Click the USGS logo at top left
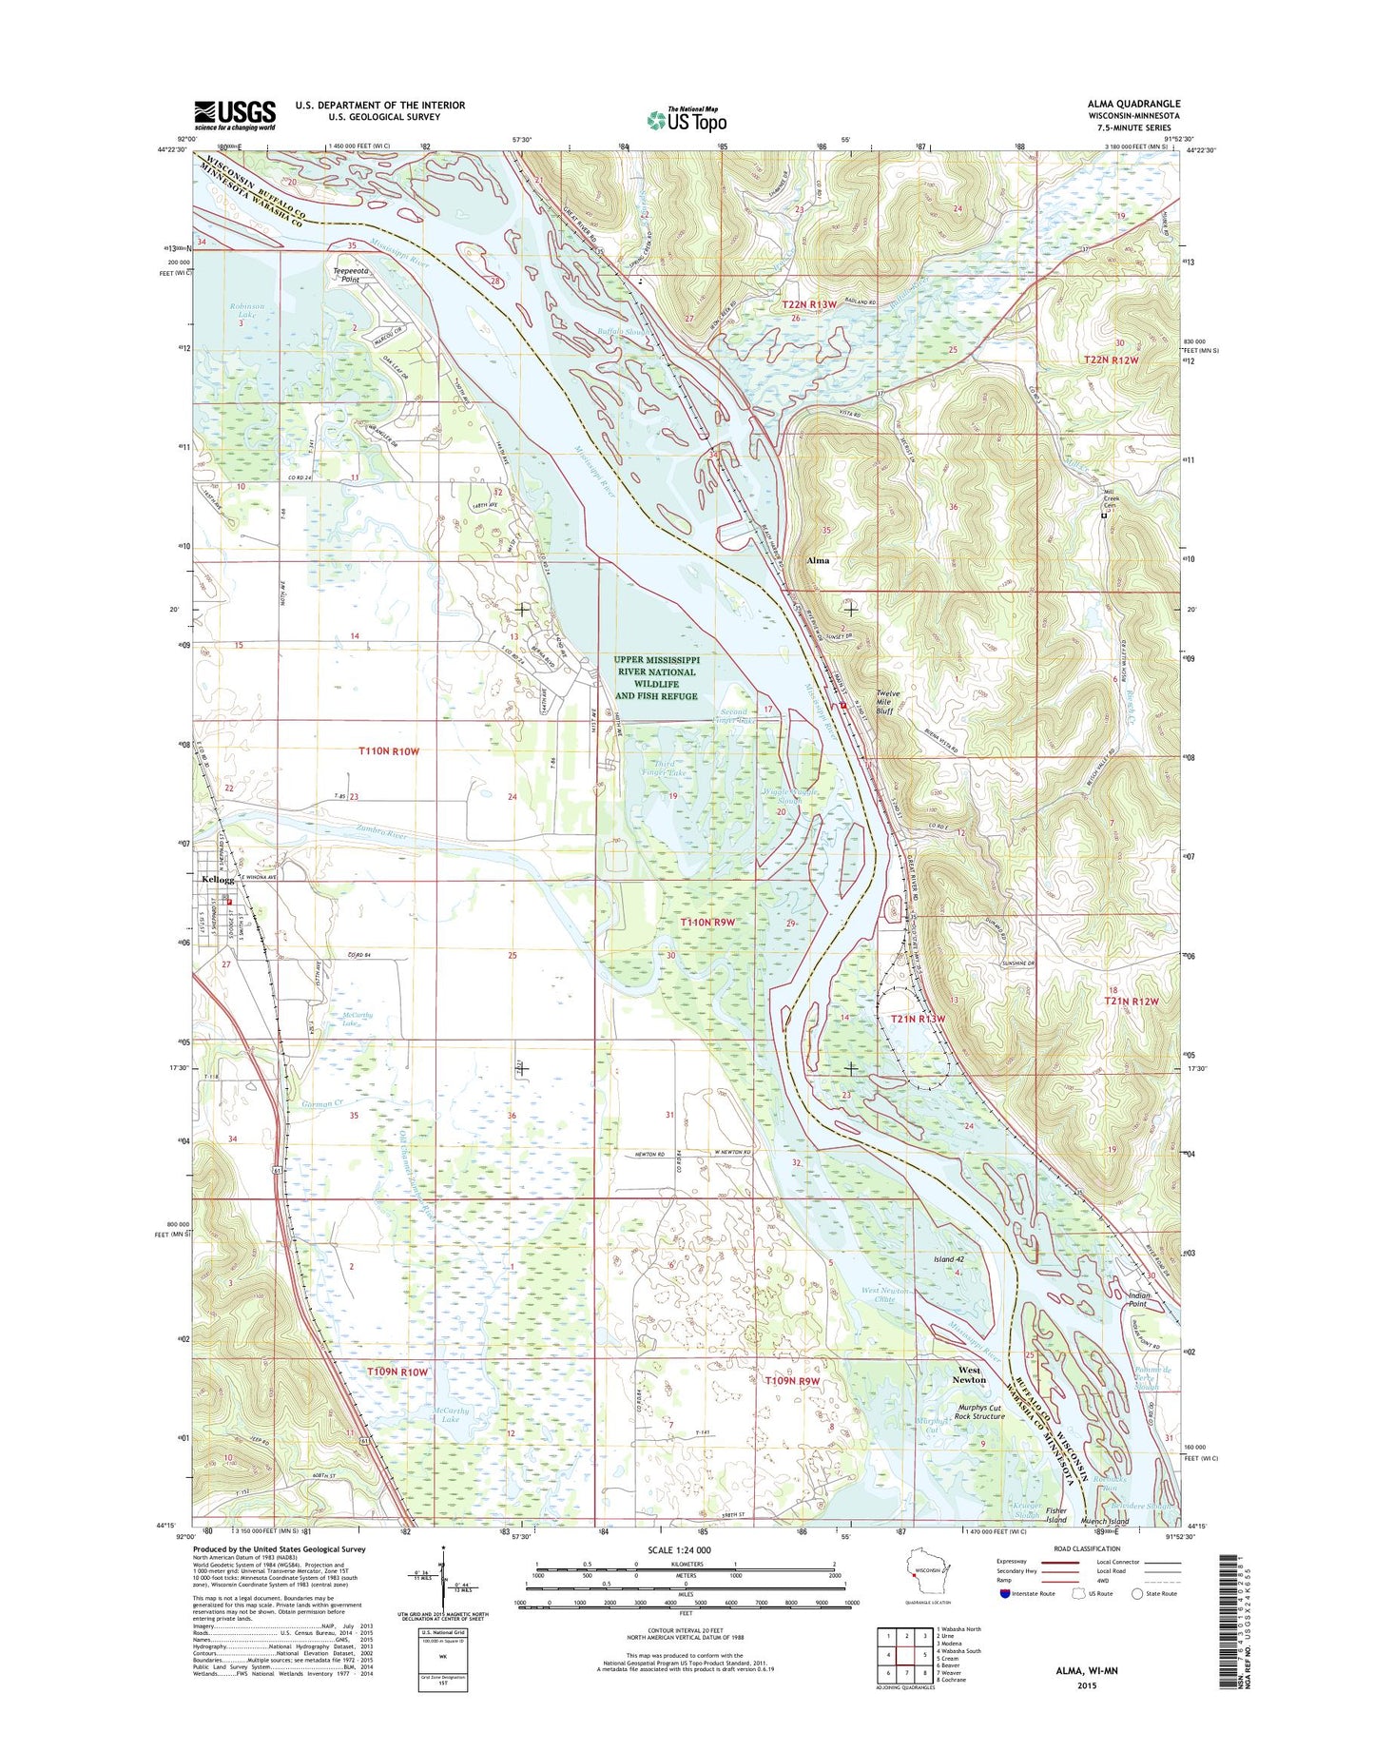click(x=235, y=115)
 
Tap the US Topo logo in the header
click(x=687, y=120)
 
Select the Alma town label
click(x=817, y=560)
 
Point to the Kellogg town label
click(x=218, y=880)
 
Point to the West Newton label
click(x=970, y=1374)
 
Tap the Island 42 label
click(x=948, y=1259)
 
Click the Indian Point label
click(x=1138, y=1299)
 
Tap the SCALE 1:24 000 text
click(x=686, y=1549)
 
